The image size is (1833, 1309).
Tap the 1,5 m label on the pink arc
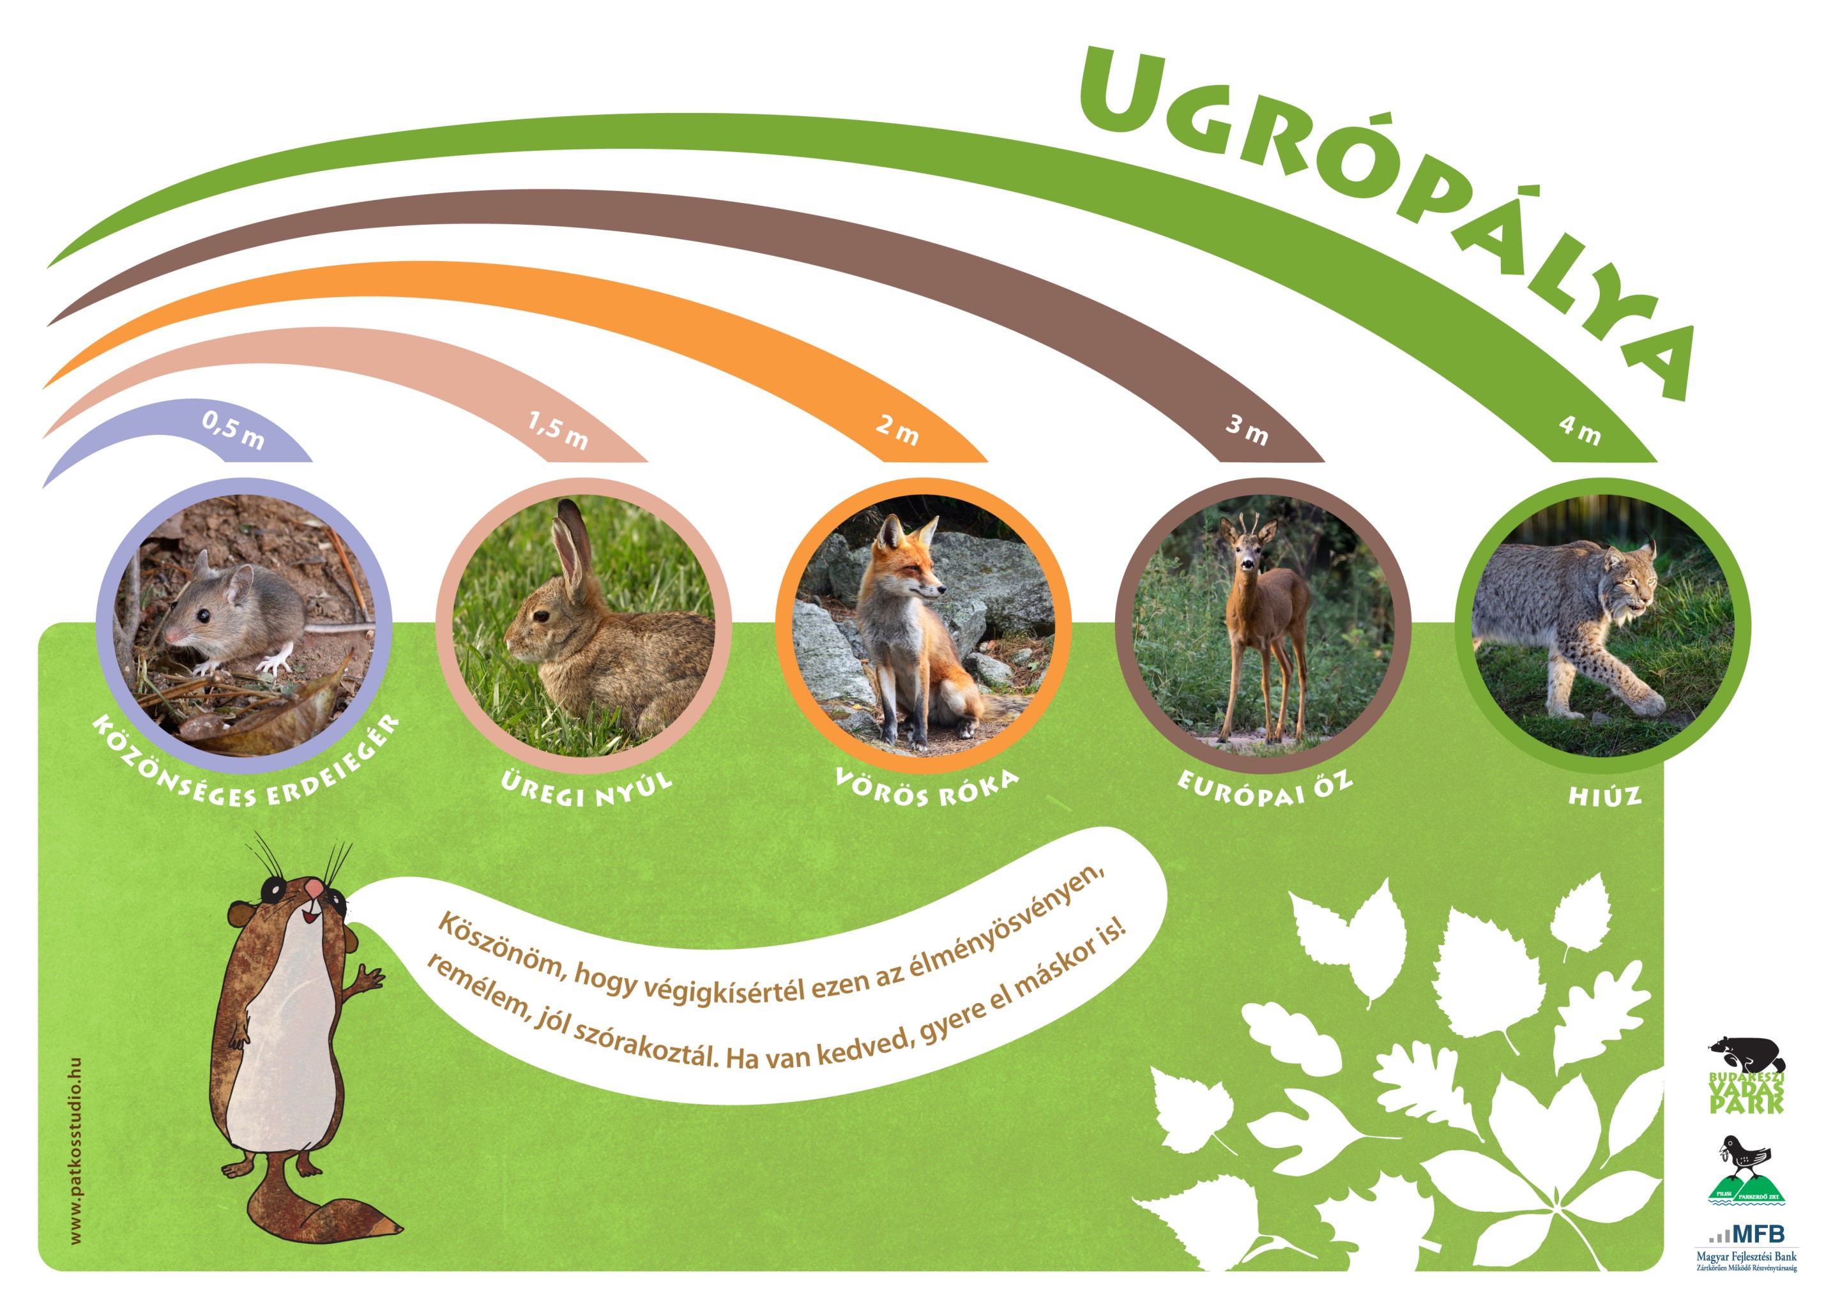558,430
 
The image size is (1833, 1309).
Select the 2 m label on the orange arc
897,429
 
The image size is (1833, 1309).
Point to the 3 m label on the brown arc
1246,429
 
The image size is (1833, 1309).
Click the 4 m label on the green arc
1578,429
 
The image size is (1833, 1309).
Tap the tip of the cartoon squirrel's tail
402,1229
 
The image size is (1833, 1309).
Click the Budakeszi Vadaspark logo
1747,1075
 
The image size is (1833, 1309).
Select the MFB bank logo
1746,1248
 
